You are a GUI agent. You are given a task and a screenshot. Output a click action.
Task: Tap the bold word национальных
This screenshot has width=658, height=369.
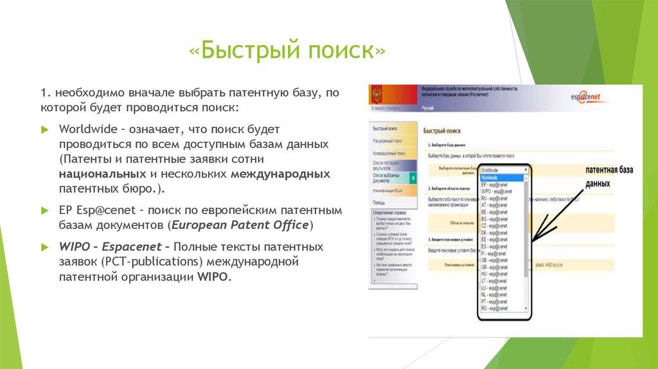(x=102, y=174)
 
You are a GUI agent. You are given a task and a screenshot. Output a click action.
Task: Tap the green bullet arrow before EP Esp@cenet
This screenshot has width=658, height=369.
(x=44, y=211)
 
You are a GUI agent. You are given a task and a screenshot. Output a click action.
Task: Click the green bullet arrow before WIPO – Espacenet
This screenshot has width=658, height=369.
(x=44, y=247)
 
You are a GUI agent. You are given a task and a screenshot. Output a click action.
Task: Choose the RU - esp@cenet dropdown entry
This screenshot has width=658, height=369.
(x=497, y=199)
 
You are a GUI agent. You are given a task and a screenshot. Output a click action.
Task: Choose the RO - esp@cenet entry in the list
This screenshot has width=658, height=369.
(x=497, y=309)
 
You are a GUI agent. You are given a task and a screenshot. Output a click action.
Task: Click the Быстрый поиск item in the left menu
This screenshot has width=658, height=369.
(x=385, y=128)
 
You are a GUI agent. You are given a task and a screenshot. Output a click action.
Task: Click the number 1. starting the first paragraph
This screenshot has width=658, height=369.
(x=44, y=93)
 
